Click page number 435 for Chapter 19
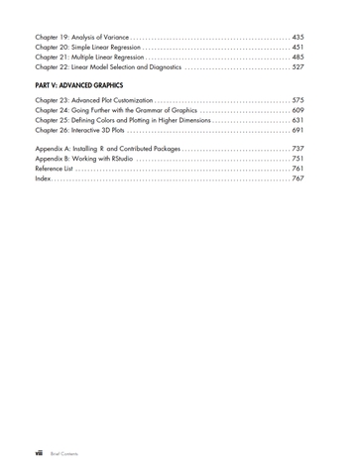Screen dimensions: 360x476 (x=305, y=38)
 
